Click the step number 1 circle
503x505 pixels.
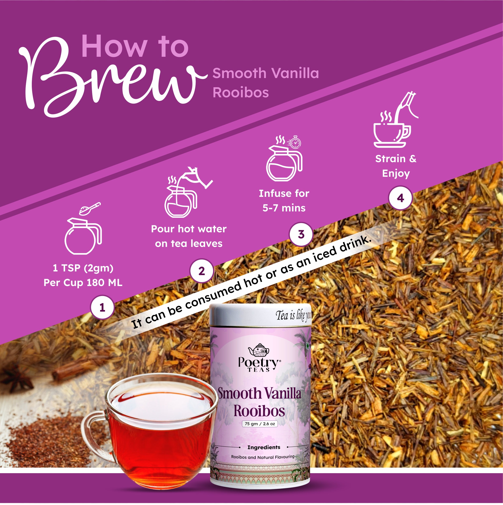pyautogui.click(x=102, y=307)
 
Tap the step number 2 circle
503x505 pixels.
pyautogui.click(x=201, y=271)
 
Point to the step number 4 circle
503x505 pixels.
pyautogui.click(x=400, y=198)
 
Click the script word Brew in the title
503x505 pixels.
pyautogui.click(x=110, y=78)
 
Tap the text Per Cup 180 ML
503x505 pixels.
pyautogui.click(x=83, y=283)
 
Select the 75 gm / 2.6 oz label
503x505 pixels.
pyautogui.click(x=260, y=424)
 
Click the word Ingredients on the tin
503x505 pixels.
pyautogui.click(x=264, y=447)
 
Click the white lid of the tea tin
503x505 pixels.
pyautogui.click(x=260, y=315)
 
